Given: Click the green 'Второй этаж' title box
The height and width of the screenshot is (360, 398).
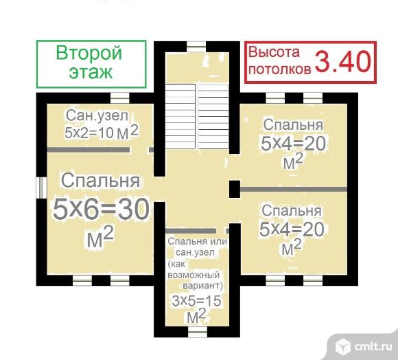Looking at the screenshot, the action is click(x=91, y=65).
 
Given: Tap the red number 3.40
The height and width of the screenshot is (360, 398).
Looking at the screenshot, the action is click(x=343, y=61).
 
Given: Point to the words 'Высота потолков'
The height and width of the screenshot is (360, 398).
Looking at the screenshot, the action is click(x=279, y=61).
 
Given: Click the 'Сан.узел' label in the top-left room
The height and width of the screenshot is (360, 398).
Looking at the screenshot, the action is click(x=97, y=116).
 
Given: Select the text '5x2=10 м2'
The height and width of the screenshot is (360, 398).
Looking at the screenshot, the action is click(x=102, y=132).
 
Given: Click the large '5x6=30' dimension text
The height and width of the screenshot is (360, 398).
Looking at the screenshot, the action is click(x=101, y=210).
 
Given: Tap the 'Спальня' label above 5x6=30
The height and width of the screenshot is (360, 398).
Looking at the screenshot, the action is click(x=100, y=181).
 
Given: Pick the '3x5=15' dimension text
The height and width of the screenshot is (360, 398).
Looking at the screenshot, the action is click(x=196, y=301).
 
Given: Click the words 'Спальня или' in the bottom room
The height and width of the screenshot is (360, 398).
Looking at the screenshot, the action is click(x=197, y=241).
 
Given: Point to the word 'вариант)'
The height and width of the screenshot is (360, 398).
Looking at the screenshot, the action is click(x=202, y=286).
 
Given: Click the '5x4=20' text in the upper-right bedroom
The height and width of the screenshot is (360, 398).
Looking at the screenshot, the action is click(x=294, y=144).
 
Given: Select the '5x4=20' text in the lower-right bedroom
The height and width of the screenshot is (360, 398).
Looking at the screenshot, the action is click(x=292, y=229).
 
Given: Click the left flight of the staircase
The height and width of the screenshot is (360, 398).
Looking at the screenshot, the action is click(x=180, y=116).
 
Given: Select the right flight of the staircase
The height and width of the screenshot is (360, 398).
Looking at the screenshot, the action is click(x=213, y=116).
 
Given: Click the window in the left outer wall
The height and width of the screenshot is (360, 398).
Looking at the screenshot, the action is click(x=41, y=188).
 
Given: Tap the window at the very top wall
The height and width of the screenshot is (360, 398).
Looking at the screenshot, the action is click(x=196, y=47).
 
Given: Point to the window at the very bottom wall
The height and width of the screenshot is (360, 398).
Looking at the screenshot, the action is click(x=198, y=332).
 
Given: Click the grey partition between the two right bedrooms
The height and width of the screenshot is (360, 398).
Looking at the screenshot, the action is click(x=294, y=189).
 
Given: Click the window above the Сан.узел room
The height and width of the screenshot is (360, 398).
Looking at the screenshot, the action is click(x=120, y=98).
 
